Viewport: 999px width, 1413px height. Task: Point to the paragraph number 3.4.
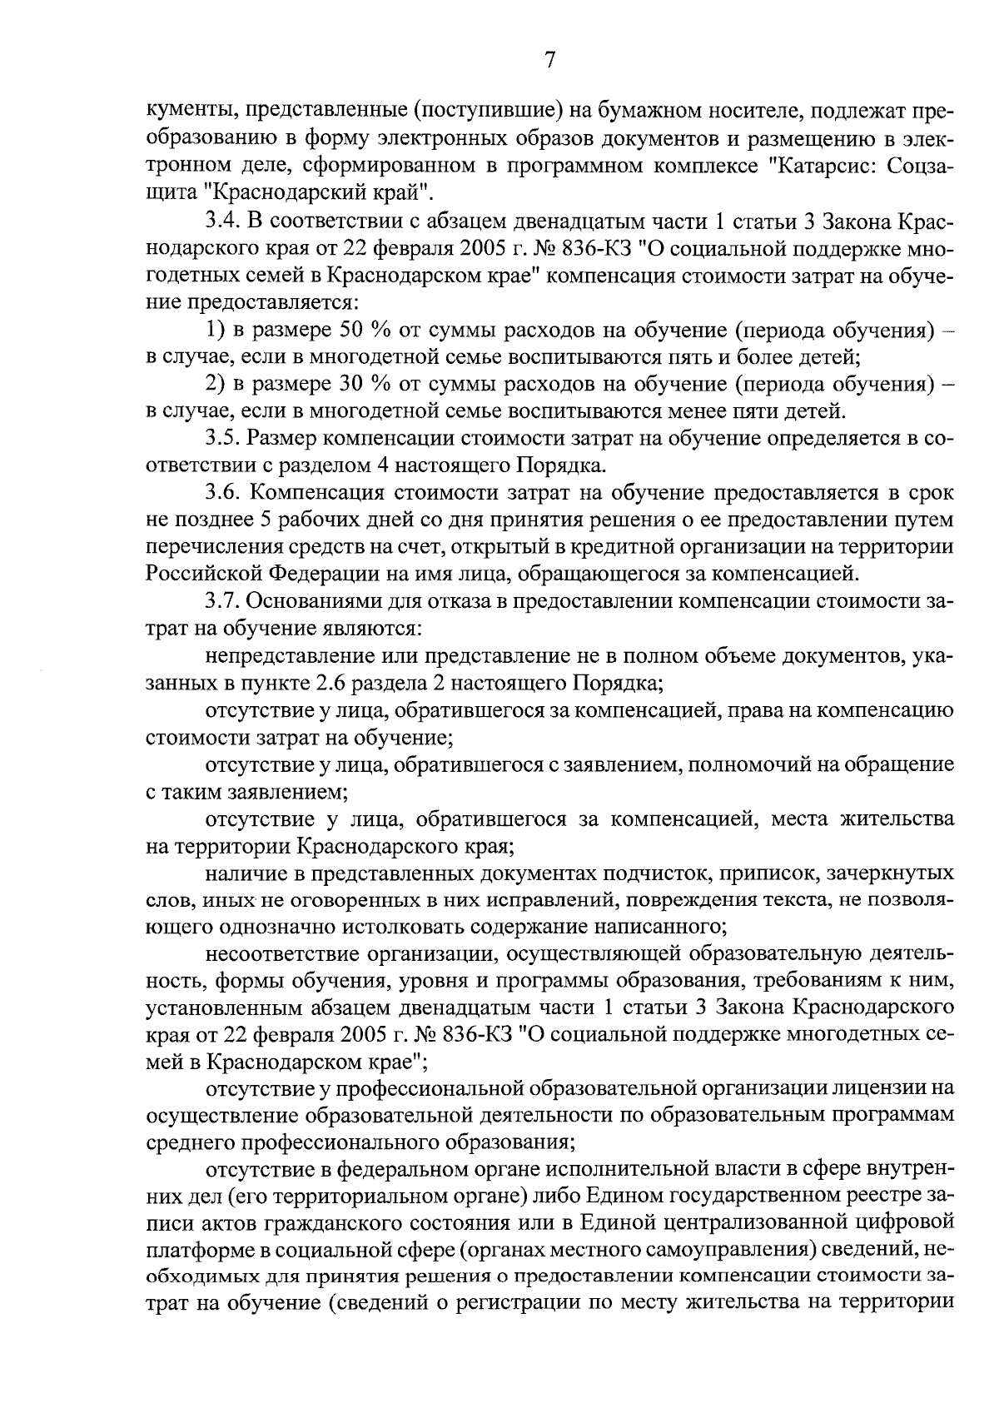pos(224,224)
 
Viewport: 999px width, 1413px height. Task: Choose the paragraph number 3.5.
pos(224,439)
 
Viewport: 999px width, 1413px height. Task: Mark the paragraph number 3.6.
pos(224,493)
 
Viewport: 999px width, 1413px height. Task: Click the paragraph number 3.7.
pos(224,601)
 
